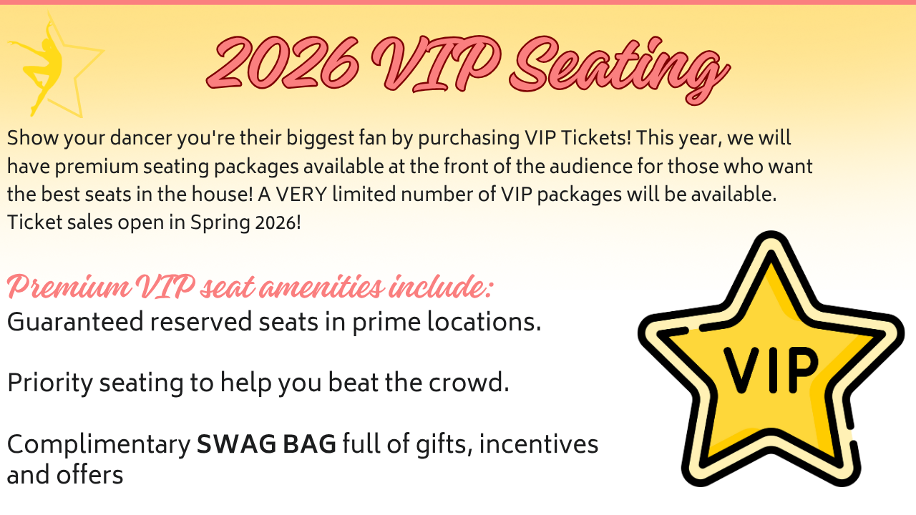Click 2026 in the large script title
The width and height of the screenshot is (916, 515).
click(x=283, y=64)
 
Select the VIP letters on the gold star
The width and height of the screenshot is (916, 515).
click(x=771, y=370)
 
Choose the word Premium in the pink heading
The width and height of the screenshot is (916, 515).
click(x=69, y=287)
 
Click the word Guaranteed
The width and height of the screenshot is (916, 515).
click(x=75, y=322)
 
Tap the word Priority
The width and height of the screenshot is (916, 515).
click(x=50, y=383)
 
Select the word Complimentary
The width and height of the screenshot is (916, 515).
click(x=99, y=445)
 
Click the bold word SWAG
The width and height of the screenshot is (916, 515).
click(x=237, y=444)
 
